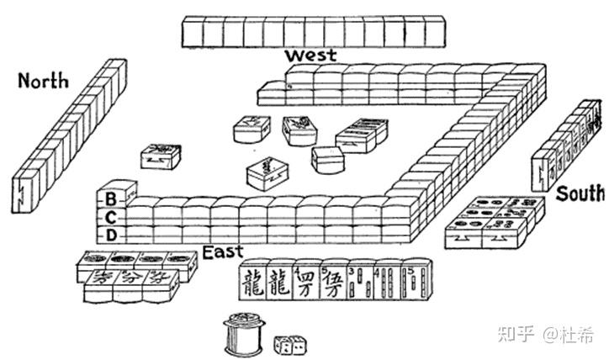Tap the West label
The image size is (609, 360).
click(x=310, y=56)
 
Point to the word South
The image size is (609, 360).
click(x=580, y=193)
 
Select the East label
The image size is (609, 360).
click(x=222, y=251)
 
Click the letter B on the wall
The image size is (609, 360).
click(x=111, y=199)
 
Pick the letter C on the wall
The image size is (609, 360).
click(x=111, y=216)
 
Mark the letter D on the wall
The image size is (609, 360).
click(x=111, y=233)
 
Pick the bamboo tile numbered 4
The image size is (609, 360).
click(x=388, y=281)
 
